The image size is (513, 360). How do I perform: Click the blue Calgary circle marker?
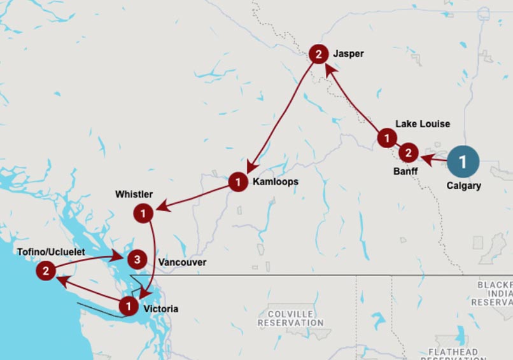pos(463,162)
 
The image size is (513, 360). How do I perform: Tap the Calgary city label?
pos(463,186)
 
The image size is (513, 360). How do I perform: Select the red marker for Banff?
pos(408,153)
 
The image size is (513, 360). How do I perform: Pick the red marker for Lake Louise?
pos(386,137)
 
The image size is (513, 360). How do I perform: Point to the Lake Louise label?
pos(422,123)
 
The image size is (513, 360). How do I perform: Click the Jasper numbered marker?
pos(318,54)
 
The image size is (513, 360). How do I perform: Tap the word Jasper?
pos(348,54)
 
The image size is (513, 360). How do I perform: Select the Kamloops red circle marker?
pos(237,183)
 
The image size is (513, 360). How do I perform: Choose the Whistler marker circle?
pos(144,213)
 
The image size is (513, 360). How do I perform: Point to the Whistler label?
pos(134,193)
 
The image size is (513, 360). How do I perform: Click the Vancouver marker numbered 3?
pos(136,260)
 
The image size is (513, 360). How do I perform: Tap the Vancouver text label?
pos(182,262)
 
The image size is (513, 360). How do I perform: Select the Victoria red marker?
pos(129,307)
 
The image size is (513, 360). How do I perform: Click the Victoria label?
pos(161,309)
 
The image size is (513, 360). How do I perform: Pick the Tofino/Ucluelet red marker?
pos(45,272)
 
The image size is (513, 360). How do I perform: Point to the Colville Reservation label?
pos(291,318)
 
